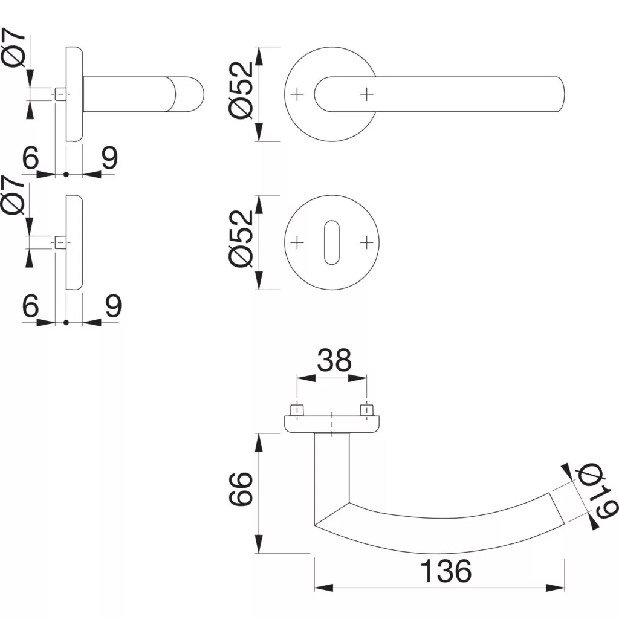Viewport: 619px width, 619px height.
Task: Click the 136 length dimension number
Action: click(x=446, y=571)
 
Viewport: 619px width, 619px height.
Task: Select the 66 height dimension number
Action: click(x=241, y=488)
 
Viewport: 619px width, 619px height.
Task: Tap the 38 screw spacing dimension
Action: click(x=334, y=360)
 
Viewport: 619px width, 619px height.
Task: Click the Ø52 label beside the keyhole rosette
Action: click(x=241, y=238)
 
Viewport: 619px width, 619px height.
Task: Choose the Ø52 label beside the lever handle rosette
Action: click(x=241, y=91)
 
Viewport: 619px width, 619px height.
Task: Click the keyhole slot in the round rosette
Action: click(x=332, y=242)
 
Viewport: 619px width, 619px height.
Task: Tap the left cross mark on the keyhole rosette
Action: click(x=297, y=242)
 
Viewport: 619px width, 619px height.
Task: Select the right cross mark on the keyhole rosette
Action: click(x=367, y=242)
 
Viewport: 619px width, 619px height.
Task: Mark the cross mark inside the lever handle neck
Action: click(x=367, y=94)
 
